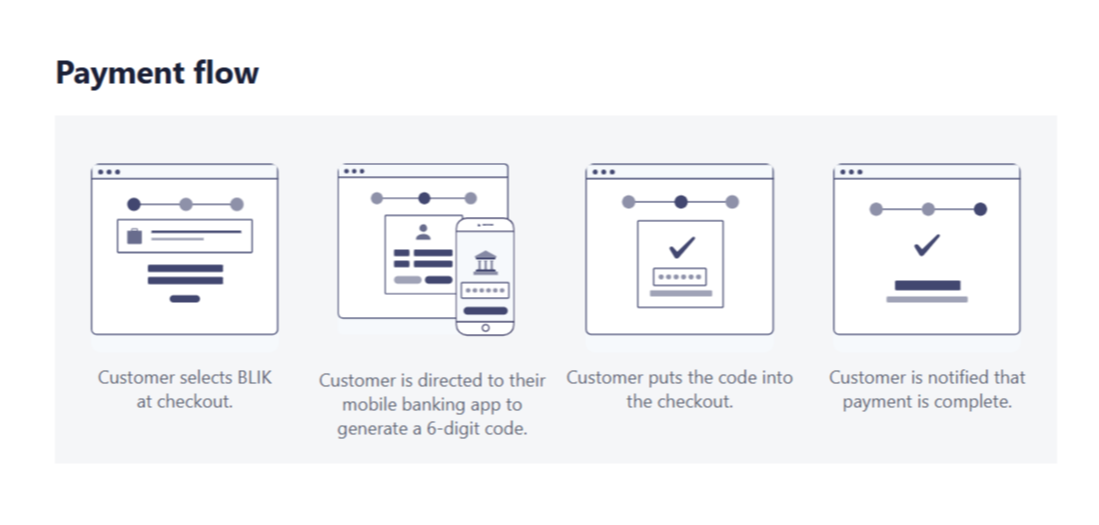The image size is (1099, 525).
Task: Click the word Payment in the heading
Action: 119,74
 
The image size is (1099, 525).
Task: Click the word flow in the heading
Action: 224,72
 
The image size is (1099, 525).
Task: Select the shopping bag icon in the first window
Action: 135,236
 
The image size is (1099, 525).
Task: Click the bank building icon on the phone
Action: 485,262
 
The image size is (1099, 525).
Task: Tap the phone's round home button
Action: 485,328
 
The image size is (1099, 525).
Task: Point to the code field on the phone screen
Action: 485,291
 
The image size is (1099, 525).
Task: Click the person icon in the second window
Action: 423,232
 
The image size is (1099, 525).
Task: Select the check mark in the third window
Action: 681,247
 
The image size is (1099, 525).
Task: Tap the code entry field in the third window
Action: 679,277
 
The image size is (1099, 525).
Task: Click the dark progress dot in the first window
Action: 134,204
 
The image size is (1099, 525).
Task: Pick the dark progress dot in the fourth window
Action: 980,209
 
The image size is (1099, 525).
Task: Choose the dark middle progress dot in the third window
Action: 680,202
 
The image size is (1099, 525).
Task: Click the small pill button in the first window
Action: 185,299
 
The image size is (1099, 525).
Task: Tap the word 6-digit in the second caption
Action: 454,428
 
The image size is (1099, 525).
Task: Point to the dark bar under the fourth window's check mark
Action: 927,286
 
